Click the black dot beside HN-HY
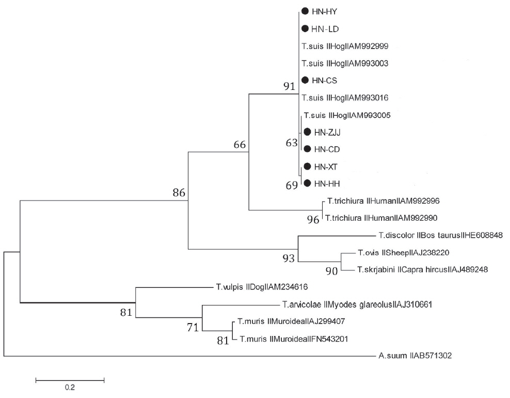coord(305,11)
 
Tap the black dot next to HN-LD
coord(305,28)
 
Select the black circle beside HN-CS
coord(305,80)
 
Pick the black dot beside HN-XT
coord(308,166)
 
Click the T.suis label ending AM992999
coord(344,46)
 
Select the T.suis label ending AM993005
coord(347,115)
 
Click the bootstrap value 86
coord(179,193)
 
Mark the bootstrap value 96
coord(313,220)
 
